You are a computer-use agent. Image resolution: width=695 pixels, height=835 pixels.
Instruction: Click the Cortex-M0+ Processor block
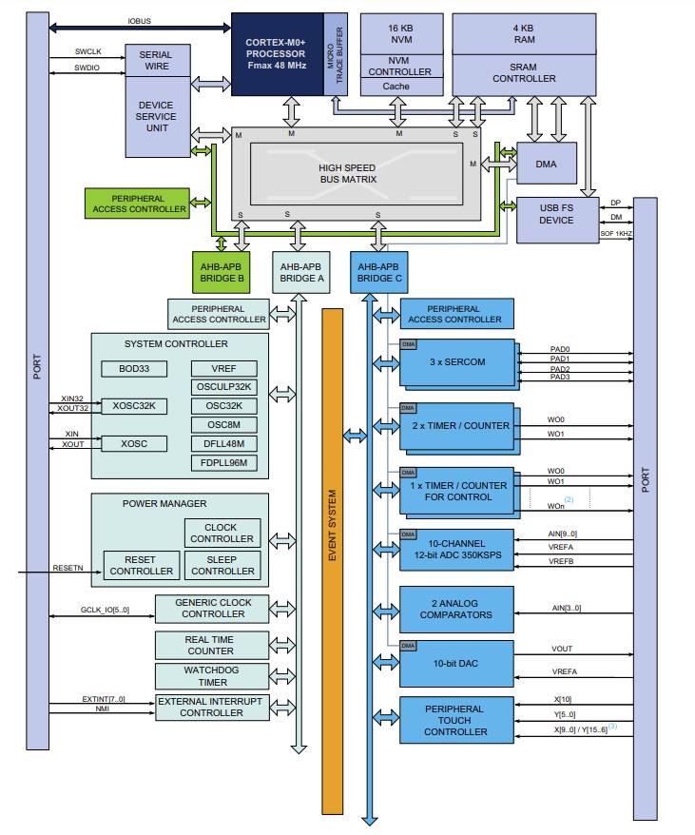tap(278, 54)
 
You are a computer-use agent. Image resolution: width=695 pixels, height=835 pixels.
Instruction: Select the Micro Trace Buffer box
tap(336, 54)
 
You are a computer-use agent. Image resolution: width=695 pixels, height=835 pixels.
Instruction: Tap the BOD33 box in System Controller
tap(134, 368)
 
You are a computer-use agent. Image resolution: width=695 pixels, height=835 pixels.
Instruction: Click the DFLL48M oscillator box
tap(223, 443)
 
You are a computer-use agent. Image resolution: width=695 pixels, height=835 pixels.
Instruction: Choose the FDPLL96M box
tap(223, 463)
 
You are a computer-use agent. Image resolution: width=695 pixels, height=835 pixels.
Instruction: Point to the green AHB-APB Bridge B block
tap(221, 272)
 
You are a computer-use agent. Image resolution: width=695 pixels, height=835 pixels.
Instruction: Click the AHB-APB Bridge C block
tap(379, 272)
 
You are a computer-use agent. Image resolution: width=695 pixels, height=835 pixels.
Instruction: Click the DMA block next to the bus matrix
tap(547, 164)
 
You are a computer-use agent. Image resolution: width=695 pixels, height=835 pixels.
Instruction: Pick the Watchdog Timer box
tap(212, 676)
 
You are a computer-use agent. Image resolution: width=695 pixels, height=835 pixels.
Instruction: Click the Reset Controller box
tap(141, 566)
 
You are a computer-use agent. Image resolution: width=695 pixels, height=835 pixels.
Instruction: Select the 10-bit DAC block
tap(456, 664)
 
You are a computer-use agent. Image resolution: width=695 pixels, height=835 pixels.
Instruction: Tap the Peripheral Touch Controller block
tap(456, 720)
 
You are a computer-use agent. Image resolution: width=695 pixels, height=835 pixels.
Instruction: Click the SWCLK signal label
tap(87, 51)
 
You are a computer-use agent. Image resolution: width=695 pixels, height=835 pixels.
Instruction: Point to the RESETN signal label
tap(68, 568)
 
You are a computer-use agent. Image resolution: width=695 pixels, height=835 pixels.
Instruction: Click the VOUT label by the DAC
tap(562, 649)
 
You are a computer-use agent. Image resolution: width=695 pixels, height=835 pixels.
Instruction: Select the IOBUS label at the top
tap(140, 21)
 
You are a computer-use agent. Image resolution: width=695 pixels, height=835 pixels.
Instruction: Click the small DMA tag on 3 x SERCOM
tap(409, 344)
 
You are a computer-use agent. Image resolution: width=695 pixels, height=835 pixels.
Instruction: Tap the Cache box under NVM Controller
tap(396, 87)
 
